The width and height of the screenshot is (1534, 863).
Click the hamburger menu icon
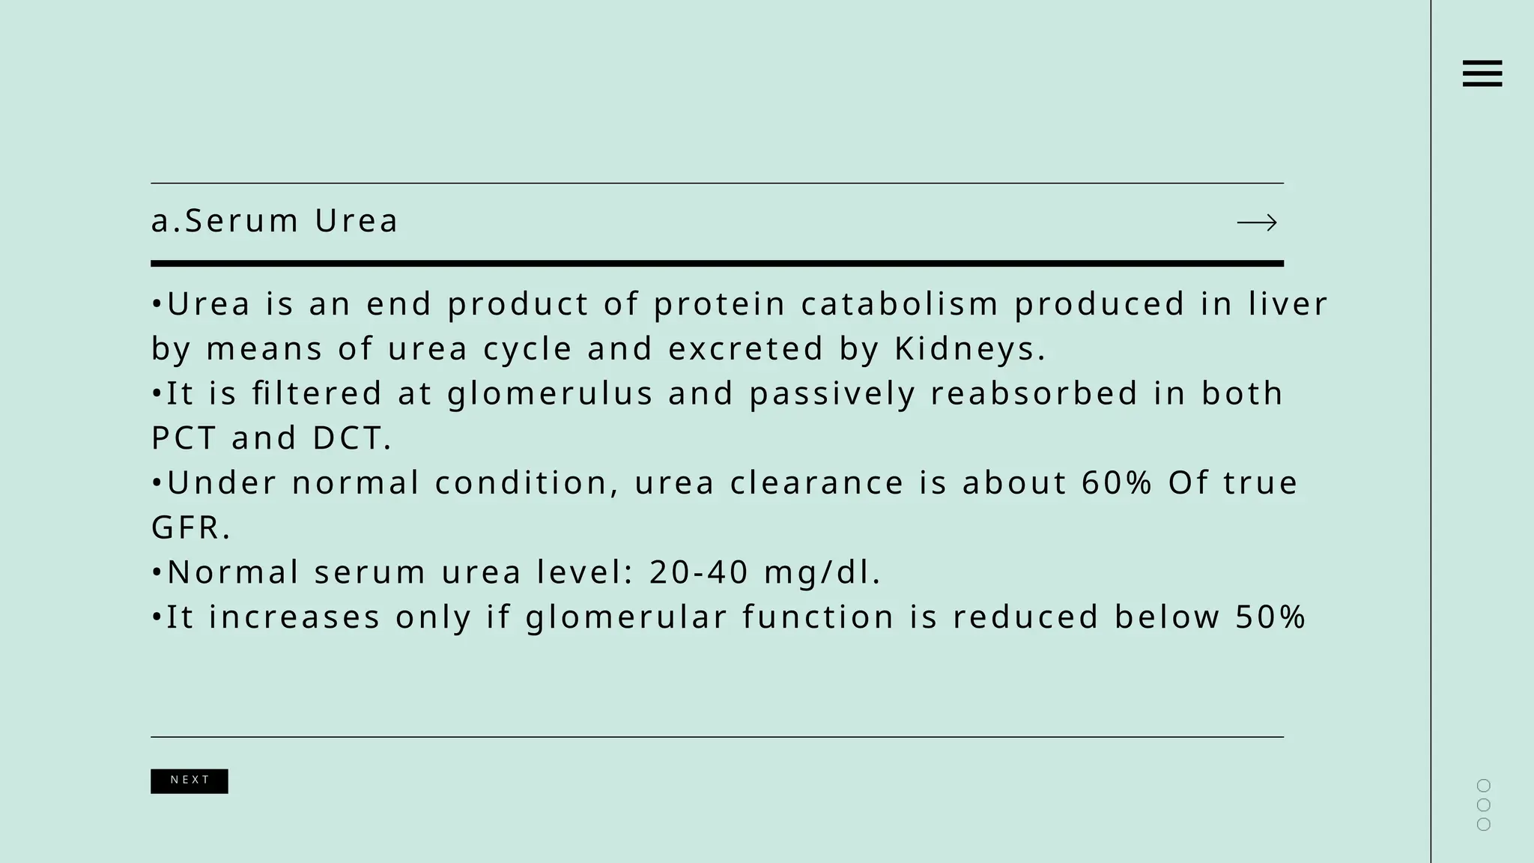pyautogui.click(x=1482, y=73)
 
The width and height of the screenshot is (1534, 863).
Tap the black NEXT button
pyautogui.click(x=190, y=781)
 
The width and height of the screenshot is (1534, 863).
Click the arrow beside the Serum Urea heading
pyautogui.click(x=1257, y=222)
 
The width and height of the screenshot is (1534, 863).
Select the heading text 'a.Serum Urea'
pyautogui.click(x=274, y=221)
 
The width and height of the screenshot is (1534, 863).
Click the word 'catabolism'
pyautogui.click(x=900, y=304)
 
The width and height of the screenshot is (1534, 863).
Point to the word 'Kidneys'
pyautogui.click(x=965, y=349)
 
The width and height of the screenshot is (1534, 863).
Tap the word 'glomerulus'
pyautogui.click(x=551, y=394)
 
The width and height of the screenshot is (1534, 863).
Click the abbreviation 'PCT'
pyautogui.click(x=184, y=438)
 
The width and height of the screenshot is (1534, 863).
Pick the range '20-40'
pyautogui.click(x=699, y=572)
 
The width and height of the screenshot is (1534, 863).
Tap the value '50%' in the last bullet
pyautogui.click(x=1270, y=617)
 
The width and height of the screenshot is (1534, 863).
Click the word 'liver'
pyautogui.click(x=1288, y=304)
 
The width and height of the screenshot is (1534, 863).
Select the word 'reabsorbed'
pyautogui.click(x=1034, y=394)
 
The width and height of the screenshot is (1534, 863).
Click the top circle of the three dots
pyautogui.click(x=1483, y=785)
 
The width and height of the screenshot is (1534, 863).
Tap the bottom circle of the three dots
pyautogui.click(x=1483, y=824)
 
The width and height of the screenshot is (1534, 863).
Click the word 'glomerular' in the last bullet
pyautogui.click(x=626, y=618)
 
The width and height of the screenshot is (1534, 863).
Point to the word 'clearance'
pyautogui.click(x=817, y=483)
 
